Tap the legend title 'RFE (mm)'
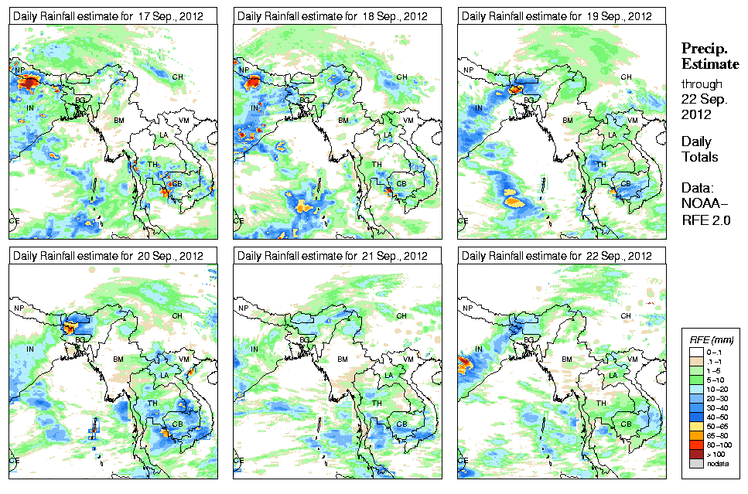tap(712, 339)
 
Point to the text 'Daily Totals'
tap(699, 149)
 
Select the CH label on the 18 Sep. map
tap(401, 77)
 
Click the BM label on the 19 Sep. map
tap(568, 121)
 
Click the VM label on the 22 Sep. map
tap(633, 360)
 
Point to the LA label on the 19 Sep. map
tap(613, 135)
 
